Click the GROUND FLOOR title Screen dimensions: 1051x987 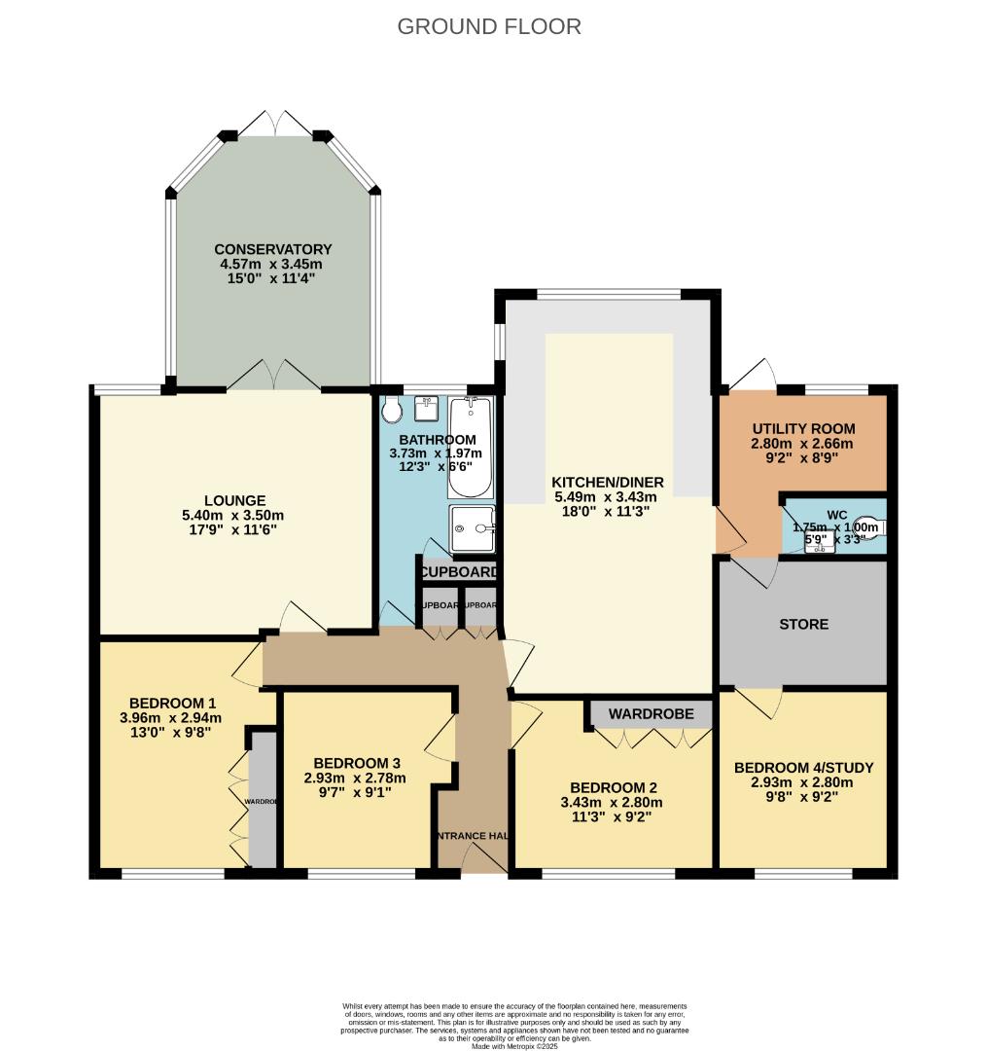click(489, 26)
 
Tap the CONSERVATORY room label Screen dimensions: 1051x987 click(273, 249)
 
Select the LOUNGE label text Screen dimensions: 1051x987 click(234, 500)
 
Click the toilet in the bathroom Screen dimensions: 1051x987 click(393, 411)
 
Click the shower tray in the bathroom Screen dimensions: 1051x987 click(472, 528)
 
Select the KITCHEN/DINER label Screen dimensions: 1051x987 click(608, 482)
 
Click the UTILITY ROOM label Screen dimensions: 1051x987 click(803, 428)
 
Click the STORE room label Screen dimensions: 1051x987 click(804, 624)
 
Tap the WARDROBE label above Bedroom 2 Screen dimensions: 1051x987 click(652, 714)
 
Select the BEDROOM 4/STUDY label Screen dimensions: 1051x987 click(803, 767)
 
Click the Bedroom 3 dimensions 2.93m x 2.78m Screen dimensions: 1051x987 click(355, 778)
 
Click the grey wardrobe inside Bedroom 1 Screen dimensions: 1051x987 click(262, 798)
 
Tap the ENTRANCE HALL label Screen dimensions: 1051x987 click(473, 835)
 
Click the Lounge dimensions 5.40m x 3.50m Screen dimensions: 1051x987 click(233, 516)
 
